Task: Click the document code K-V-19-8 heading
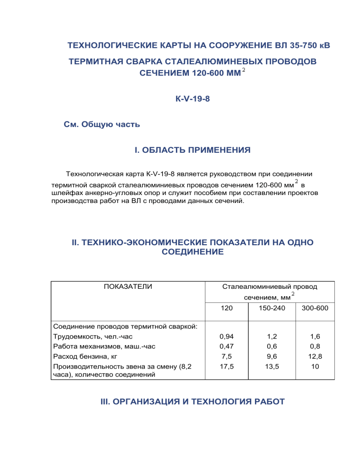pos(180,99)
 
